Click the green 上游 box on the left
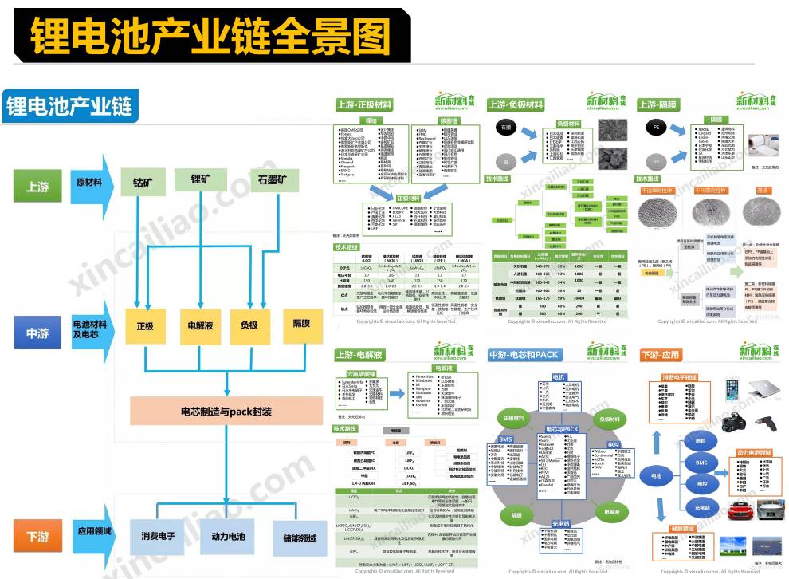[x=37, y=186]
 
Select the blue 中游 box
[x=37, y=333]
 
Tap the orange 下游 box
[x=37, y=536]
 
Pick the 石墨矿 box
[x=278, y=183]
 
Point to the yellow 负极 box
[x=249, y=325]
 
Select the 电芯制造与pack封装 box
[x=226, y=412]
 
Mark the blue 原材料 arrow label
[x=89, y=183]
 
